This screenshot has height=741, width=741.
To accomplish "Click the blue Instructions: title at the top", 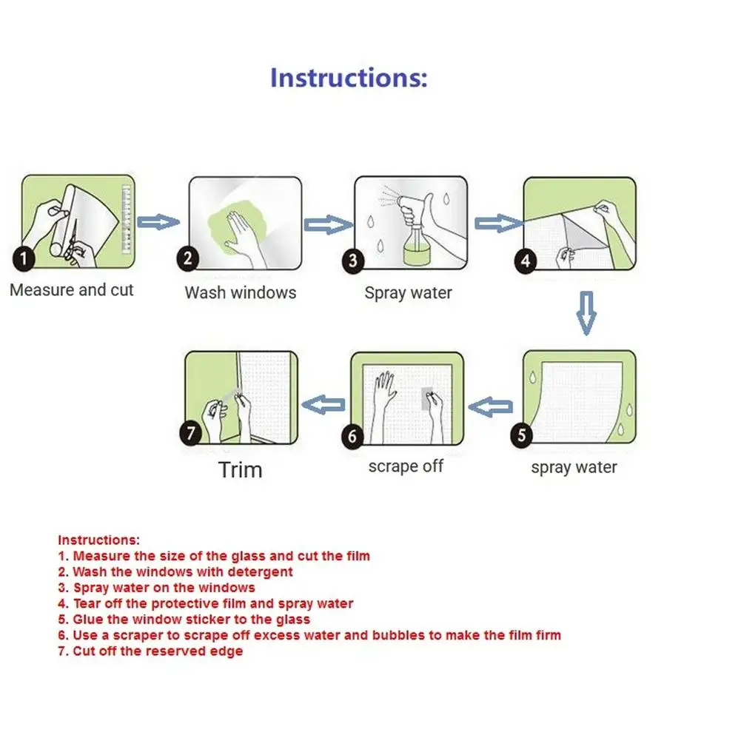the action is coord(348,78).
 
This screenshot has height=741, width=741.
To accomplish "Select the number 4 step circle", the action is coord(526,261).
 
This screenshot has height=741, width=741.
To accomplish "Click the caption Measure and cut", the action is coord(72,290).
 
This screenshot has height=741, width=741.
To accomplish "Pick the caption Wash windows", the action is coord(240,292).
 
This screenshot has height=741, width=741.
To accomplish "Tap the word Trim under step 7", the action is coord(240,469).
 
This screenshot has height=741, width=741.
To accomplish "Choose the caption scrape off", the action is coord(406,467).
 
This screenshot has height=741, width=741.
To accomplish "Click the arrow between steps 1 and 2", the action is coord(158,221).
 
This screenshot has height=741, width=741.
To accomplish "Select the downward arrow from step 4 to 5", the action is coord(586,312).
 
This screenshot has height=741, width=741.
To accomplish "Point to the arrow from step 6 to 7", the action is coord(326,404).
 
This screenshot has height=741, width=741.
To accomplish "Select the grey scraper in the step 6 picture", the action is coord(426,398).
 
